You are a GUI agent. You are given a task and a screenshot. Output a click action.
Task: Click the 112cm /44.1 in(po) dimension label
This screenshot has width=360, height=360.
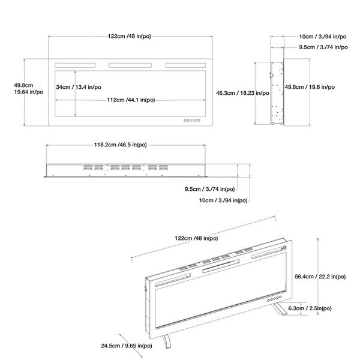131,100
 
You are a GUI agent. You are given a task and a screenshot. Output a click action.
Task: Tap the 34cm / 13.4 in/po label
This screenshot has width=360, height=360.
79,87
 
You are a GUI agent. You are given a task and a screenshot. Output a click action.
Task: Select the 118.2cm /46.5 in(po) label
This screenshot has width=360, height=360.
121,145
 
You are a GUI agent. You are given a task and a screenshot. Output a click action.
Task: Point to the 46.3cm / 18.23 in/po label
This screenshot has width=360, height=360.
242,93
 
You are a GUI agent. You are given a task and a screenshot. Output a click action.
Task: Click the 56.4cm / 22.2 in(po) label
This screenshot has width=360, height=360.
320,277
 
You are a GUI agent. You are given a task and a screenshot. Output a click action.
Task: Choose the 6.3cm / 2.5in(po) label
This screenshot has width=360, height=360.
310,308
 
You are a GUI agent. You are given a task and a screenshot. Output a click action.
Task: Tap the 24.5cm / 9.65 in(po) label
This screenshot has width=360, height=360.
127,346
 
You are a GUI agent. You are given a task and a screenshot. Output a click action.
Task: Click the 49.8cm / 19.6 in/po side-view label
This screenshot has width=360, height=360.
310,87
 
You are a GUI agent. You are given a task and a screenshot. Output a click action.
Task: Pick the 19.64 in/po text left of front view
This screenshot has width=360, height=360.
29,92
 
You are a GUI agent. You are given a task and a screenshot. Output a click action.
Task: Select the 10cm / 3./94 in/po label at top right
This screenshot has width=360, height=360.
323,37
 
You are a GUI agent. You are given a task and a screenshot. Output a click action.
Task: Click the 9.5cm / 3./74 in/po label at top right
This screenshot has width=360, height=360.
323,47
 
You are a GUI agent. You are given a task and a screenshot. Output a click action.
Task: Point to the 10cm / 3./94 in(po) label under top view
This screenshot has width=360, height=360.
223,200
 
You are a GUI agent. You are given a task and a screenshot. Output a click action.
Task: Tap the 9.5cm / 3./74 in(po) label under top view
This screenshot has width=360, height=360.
209,189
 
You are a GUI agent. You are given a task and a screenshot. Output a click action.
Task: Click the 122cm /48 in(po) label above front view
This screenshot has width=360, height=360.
129,36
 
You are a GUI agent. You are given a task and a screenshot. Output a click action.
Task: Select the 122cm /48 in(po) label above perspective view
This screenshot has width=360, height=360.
196,238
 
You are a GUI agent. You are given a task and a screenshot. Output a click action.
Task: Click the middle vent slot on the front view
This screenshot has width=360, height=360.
130,65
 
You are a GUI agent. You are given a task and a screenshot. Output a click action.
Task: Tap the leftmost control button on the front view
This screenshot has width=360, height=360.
185,120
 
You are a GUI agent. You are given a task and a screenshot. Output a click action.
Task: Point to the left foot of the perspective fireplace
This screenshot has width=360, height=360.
167,341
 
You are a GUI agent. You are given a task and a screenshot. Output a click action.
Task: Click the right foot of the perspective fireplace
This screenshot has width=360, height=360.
279,309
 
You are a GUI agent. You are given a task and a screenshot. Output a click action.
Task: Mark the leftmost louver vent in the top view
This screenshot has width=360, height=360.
88,167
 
